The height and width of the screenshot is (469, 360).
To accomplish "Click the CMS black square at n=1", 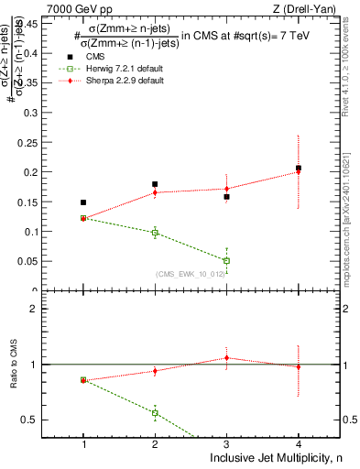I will click(x=83, y=202).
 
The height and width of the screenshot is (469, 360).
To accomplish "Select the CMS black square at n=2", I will click(x=155, y=184).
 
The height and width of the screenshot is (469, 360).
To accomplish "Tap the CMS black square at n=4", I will click(x=299, y=169).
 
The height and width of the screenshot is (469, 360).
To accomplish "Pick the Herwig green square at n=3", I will click(x=226, y=261).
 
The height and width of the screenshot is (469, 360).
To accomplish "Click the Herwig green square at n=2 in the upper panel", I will click(x=155, y=234).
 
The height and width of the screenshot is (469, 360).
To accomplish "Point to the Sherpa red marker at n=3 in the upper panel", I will click(x=226, y=189).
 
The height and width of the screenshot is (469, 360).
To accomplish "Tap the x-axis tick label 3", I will click(x=226, y=444).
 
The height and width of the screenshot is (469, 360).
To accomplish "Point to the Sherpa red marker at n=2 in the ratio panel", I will click(x=155, y=371).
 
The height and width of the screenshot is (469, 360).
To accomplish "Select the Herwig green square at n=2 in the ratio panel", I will click(x=155, y=412).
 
